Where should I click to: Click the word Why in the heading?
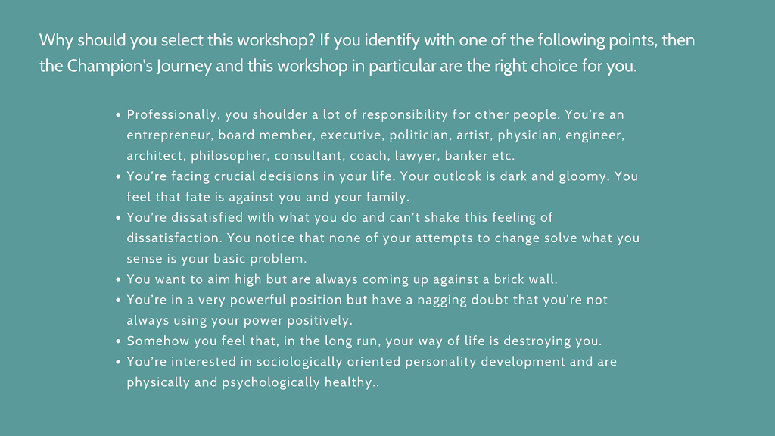[56, 40]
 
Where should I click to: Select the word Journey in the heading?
[185, 67]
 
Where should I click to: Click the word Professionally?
[172, 115]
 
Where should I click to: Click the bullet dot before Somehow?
[118, 341]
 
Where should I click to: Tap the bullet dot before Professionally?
[118, 115]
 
